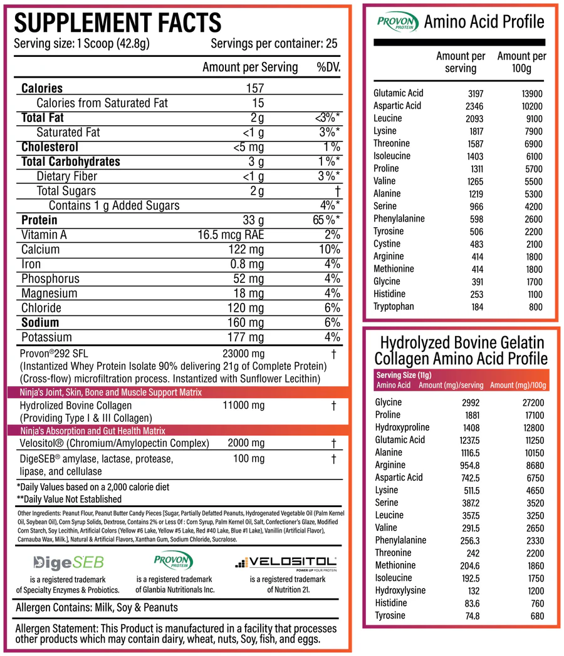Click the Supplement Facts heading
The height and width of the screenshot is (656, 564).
point(118,23)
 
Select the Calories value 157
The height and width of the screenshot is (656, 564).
point(255,88)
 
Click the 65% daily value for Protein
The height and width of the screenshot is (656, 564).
point(326,220)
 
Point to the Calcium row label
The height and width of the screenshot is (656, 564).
point(41,249)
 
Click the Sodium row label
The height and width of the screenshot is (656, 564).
point(40,322)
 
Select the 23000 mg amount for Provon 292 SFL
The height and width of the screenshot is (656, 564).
point(244,354)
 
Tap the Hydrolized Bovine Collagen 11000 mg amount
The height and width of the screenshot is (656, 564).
point(244,406)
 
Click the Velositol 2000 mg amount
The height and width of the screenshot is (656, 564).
point(246,443)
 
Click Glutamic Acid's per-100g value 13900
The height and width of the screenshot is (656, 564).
point(531,93)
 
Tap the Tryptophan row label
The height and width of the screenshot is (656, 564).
point(394,307)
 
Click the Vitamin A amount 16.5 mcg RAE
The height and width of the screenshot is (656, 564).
point(231,235)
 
